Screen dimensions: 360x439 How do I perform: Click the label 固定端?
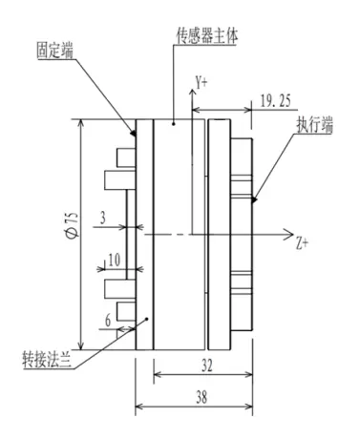pos(54,51)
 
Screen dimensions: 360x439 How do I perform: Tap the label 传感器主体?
pos(207,36)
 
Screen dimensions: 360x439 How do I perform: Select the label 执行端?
pos(315,125)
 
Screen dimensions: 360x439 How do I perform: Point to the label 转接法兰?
pos(47,360)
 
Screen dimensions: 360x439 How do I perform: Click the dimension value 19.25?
pos(276,101)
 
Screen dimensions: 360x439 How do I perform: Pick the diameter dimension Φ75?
pos(73,224)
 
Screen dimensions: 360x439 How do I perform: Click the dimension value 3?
pos(103,219)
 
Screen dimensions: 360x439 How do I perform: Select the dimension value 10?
pos(115,261)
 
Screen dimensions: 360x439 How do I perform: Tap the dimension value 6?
pos(108,321)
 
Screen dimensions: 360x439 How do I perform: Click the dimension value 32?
pos(207,366)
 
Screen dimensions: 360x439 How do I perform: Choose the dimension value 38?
pos(201,398)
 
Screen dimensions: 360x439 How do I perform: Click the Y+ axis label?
pos(201,83)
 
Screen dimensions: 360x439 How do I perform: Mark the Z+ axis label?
pos(302,243)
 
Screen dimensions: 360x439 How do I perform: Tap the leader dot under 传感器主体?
pos(174,123)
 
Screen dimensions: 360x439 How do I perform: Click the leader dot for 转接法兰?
pos(147,319)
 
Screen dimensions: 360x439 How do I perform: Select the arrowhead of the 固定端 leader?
pos(134,133)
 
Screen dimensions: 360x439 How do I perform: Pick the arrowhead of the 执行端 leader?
pos(254,199)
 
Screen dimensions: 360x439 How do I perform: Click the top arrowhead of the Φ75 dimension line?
pos(81,123)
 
